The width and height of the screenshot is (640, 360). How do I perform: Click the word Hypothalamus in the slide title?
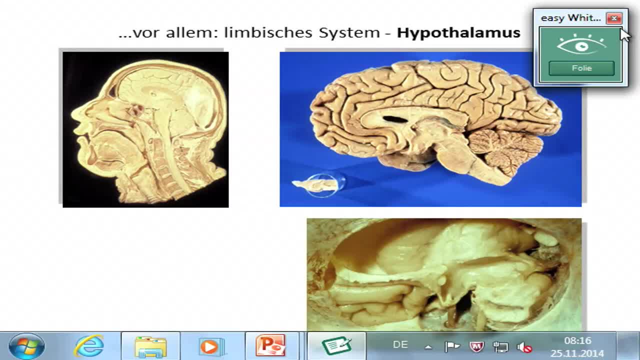click(458, 33)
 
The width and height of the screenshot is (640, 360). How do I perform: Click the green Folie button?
click(581, 68)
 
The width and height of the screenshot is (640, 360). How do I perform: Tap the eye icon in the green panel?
click(581, 45)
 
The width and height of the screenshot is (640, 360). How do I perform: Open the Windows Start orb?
click(26, 346)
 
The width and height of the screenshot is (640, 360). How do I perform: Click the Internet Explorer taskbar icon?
click(89, 346)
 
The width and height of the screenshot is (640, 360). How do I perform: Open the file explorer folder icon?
click(150, 346)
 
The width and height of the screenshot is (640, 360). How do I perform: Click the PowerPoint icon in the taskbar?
click(270, 346)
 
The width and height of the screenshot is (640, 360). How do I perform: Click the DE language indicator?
click(400, 345)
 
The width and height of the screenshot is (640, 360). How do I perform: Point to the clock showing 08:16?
click(577, 340)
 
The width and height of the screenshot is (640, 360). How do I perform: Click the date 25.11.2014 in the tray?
click(577, 353)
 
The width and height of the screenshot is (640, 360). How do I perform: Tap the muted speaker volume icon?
click(524, 346)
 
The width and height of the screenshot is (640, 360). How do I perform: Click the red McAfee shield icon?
click(476, 346)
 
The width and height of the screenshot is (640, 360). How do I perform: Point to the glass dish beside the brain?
click(322, 185)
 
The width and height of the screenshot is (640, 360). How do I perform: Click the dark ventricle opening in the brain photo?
click(395, 119)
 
